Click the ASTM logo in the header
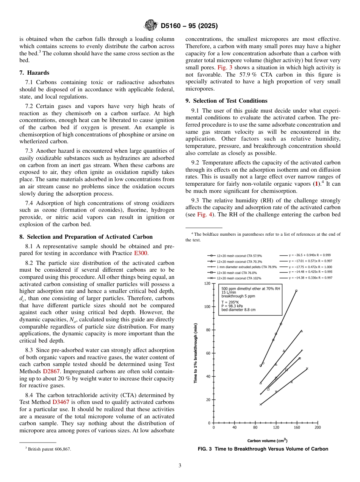coord(151,26)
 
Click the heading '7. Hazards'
coord(34,73)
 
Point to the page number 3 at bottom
coord(180,466)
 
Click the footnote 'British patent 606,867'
coord(48,449)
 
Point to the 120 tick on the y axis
coord(207,283)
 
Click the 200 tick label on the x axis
coord(318,427)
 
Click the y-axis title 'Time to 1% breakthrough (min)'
coord(196,352)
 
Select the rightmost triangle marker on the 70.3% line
coord(302,331)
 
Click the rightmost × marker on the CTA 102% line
coord(307,368)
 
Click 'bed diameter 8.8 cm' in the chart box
coord(239,310)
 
